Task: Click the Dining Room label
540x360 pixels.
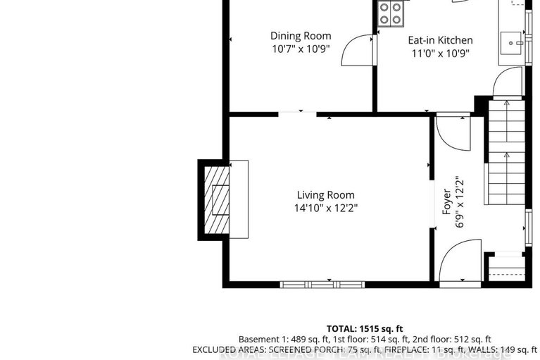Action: (x=301, y=36)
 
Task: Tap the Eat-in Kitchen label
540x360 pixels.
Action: (x=441, y=40)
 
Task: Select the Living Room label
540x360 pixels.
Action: (x=325, y=195)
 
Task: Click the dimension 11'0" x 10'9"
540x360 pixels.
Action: (x=441, y=53)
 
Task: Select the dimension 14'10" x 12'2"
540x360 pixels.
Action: (x=325, y=208)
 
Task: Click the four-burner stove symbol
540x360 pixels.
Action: (x=391, y=13)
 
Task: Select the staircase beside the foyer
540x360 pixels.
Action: (x=506, y=162)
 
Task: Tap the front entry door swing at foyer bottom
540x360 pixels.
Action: (x=459, y=261)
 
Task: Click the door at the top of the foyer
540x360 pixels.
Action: (x=451, y=131)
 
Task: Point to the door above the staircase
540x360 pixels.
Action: (x=507, y=85)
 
